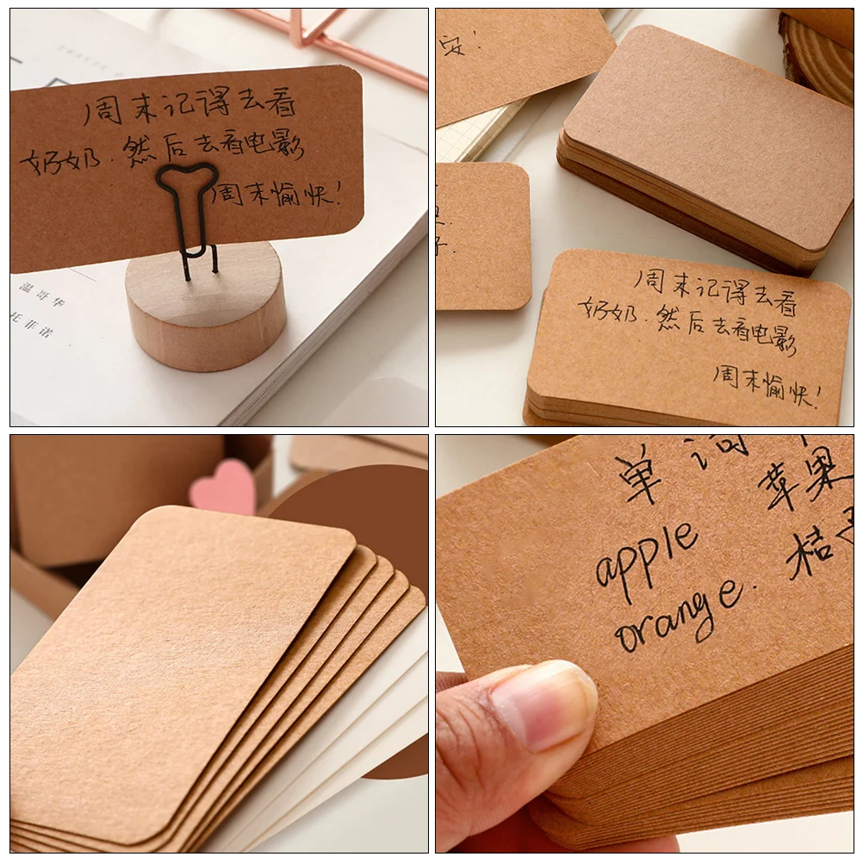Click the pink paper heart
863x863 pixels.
(x=224, y=487)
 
